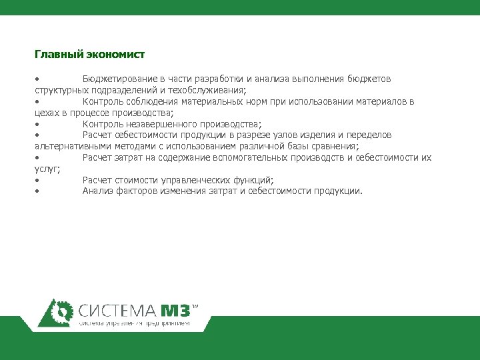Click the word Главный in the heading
(x=55, y=54)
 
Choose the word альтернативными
(x=71, y=146)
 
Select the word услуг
(x=47, y=169)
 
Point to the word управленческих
(x=199, y=180)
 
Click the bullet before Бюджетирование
(x=38, y=79)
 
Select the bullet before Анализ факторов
(x=38, y=191)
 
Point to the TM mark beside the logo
(x=195, y=307)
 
